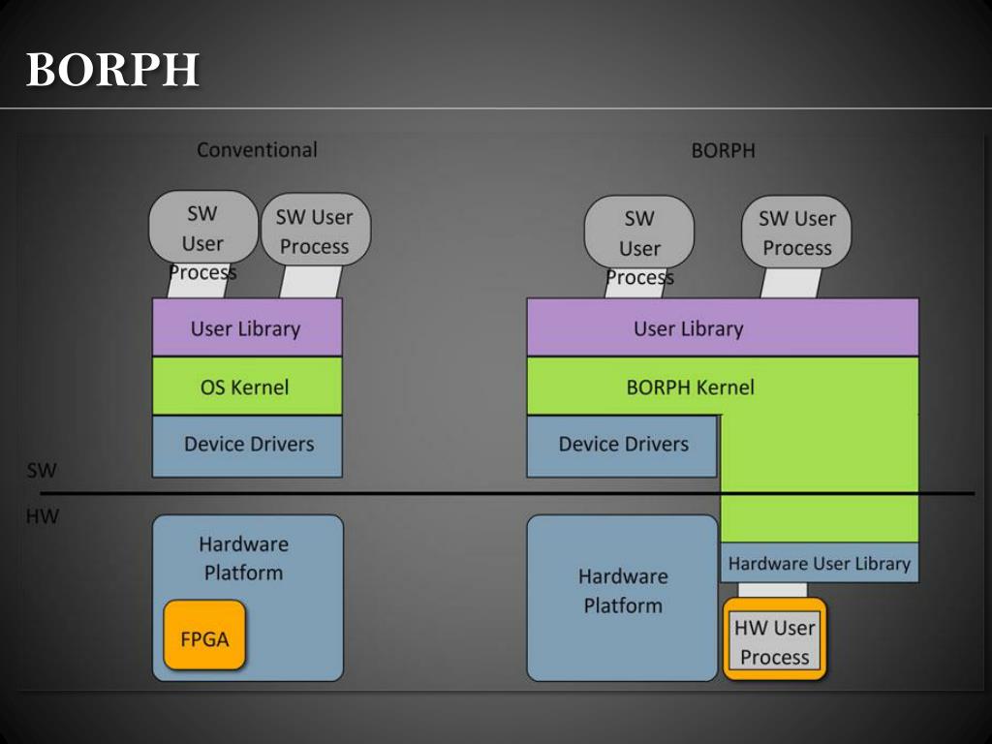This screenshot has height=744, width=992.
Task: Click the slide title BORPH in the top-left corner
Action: pos(112,69)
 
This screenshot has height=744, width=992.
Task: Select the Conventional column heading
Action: pos(257,150)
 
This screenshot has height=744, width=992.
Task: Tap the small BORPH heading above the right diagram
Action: pos(723,150)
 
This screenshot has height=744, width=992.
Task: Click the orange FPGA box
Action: pos(204,635)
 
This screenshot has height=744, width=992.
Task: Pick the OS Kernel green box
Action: pos(247,386)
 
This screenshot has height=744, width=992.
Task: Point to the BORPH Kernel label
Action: pos(690,387)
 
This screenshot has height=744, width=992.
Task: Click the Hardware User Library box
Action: pos(820,563)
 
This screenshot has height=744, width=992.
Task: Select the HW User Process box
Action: pos(774,639)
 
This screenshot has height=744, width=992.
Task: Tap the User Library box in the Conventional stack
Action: pos(247,327)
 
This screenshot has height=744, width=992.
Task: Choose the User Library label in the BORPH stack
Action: pos(689,329)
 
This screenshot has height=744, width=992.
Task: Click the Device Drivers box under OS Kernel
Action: pos(247,446)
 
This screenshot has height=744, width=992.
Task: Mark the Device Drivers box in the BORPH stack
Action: pos(623,446)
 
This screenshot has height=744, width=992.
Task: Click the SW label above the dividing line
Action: pos(42,470)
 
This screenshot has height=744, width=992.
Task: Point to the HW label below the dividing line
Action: pos(43,516)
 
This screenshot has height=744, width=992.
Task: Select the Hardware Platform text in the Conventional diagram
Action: pos(243,559)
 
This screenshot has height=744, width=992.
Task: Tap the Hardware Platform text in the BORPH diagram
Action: pos(623,591)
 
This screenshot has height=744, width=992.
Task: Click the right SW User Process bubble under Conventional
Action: pos(316,229)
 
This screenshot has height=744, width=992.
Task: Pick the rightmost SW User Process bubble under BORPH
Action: pos(796,232)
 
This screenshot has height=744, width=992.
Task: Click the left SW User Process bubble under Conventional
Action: pos(203,227)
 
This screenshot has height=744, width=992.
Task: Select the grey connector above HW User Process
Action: pos(772,590)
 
